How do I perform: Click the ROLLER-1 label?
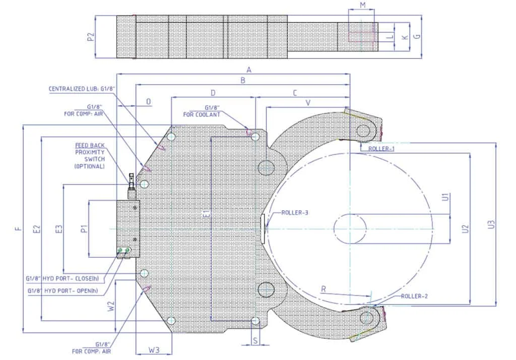coord(381,149)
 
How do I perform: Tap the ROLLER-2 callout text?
coord(414,296)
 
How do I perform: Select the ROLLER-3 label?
coord(295,212)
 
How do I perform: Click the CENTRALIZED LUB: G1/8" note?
coord(82,89)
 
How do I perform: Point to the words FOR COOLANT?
coord(202,114)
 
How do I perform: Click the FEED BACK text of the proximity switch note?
coord(90,145)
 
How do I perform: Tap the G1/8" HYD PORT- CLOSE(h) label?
coord(62,278)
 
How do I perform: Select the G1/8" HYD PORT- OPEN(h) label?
coord(62,290)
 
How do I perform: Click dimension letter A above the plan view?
coord(249,70)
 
